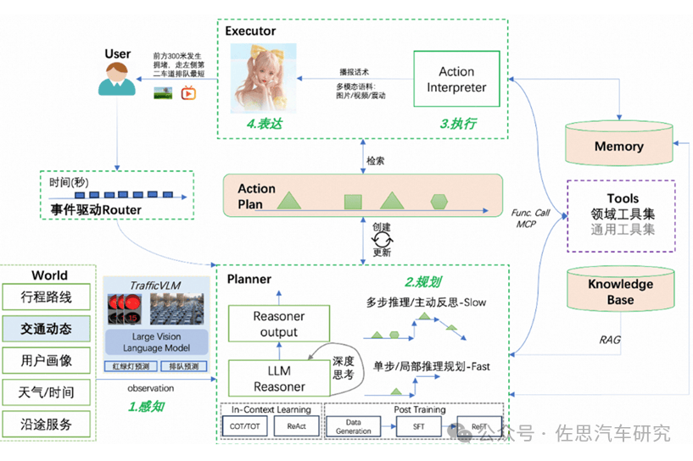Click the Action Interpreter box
[x=456, y=80]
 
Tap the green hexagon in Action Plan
[x=439, y=201]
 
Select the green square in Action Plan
[x=354, y=203]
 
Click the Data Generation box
[x=353, y=426]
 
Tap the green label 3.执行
[x=458, y=124]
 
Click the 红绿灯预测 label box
[x=130, y=367]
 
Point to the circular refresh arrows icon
[x=382, y=242]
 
